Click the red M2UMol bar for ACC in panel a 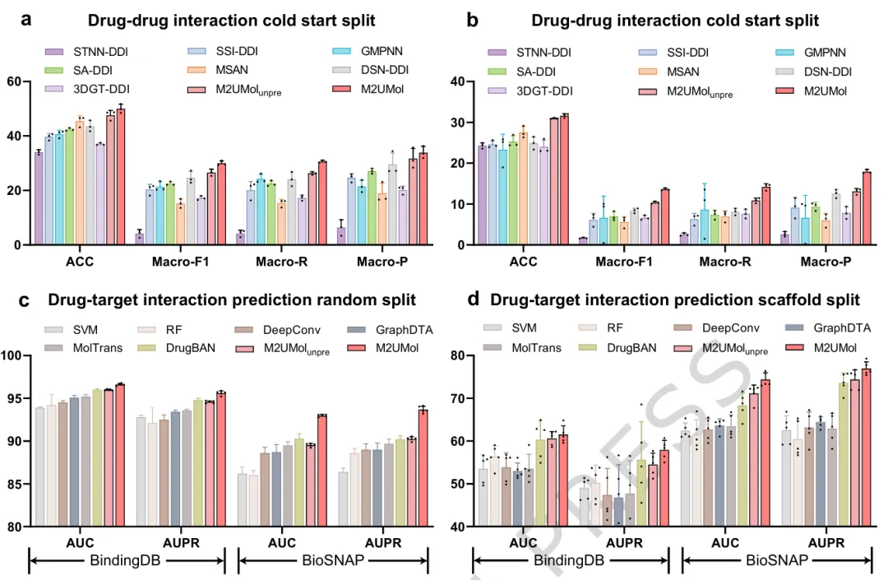coord(121,177)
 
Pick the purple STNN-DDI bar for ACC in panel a coord(39,198)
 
